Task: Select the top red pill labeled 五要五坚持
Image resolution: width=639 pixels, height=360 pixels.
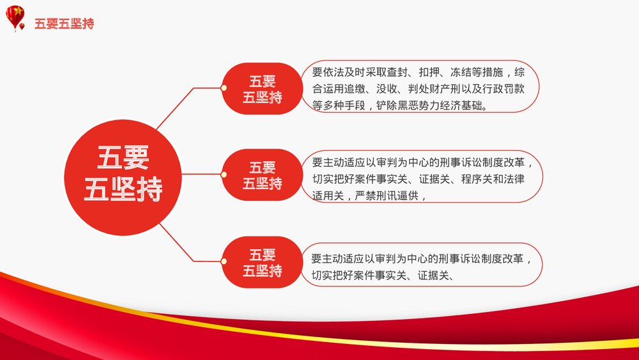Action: click(263, 89)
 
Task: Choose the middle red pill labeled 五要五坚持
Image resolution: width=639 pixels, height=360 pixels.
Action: click(263, 175)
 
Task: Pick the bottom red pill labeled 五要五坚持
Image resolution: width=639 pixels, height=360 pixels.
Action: click(263, 262)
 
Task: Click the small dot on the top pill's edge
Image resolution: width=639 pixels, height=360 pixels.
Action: click(224, 88)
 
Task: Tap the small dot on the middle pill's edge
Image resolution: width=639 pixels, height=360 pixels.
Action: click(224, 175)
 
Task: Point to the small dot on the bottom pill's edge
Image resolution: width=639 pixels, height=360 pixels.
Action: click(224, 262)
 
